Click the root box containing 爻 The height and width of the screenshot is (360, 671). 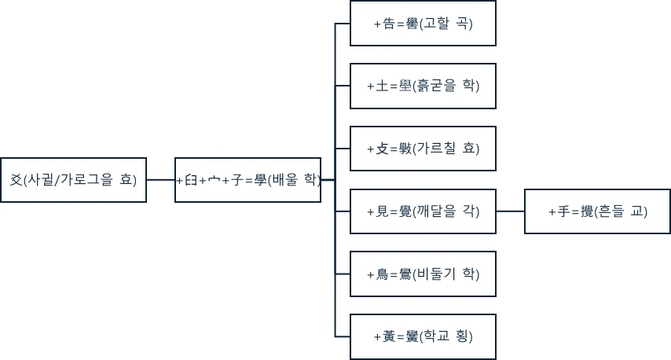[73, 180]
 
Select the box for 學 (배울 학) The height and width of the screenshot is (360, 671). [247, 180]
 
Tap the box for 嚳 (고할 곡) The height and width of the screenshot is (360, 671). [423, 24]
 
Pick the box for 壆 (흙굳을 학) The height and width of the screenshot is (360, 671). [423, 86]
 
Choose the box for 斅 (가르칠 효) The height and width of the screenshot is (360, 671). [423, 149]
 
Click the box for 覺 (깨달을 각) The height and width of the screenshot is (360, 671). [423, 211]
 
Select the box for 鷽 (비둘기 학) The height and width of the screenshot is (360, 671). [423, 274]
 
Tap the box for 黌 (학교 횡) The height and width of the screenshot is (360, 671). [423, 336]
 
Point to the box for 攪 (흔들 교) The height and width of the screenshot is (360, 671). [597, 211]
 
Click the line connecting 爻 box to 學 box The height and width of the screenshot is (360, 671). [160, 180]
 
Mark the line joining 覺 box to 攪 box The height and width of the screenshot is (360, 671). [510, 211]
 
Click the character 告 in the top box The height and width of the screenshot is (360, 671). [388, 24]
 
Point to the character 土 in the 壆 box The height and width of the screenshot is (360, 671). [382, 86]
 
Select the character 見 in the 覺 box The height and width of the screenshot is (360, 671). [382, 211]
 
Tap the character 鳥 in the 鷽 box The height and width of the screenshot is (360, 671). [382, 274]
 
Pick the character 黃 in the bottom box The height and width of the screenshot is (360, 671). [388, 336]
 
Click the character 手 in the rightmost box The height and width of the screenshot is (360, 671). [563, 211]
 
